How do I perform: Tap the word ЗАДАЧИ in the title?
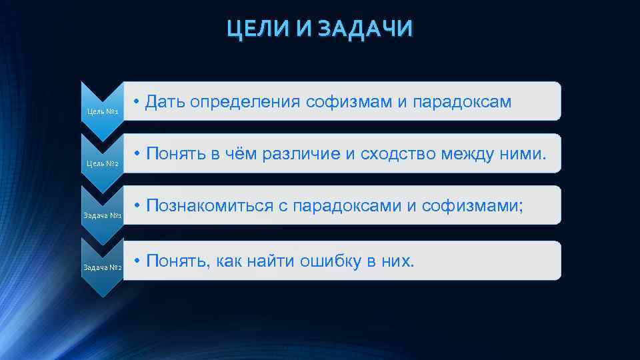point(365,29)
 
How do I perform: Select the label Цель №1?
point(103,111)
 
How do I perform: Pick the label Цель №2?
point(103,163)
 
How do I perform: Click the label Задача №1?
point(102,216)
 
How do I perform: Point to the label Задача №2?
point(102,268)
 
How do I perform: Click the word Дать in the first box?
point(165,101)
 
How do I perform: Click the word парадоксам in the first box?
point(463,102)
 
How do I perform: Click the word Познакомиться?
point(209,207)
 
